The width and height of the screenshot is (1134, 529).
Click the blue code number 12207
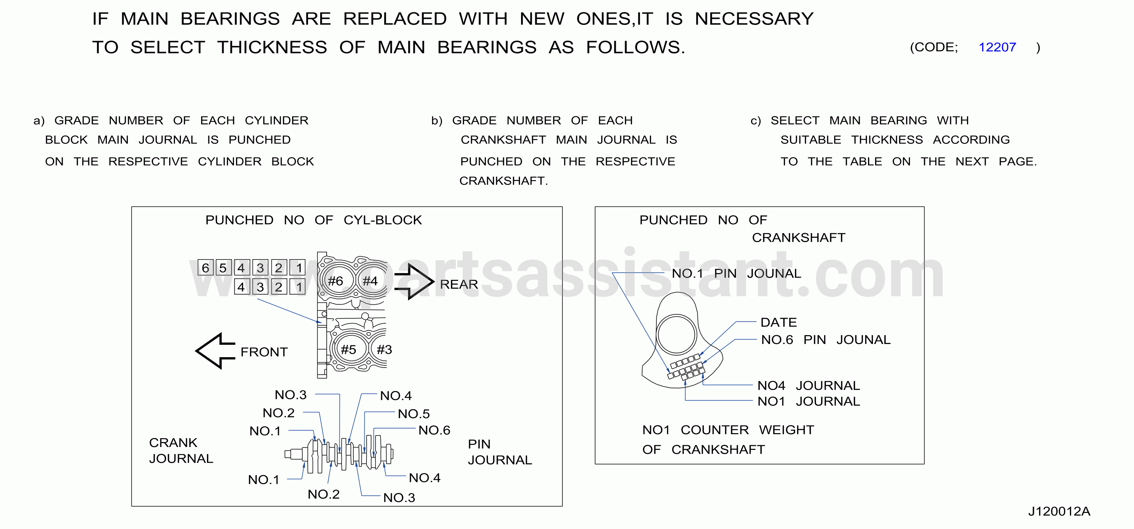point(997,47)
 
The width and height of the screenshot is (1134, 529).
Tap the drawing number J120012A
point(1059,512)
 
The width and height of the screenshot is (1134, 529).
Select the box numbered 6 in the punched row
point(206,267)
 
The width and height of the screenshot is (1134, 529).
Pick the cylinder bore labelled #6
point(336,281)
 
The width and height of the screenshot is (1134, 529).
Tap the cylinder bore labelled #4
point(371,281)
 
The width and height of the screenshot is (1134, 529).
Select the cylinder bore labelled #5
point(349,349)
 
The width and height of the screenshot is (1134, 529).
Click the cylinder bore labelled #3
point(381,349)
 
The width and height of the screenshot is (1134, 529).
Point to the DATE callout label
point(779,322)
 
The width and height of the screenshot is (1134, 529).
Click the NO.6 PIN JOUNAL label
point(826,340)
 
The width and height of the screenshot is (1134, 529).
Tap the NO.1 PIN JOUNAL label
point(737,273)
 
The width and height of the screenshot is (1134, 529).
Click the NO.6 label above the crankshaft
point(435,430)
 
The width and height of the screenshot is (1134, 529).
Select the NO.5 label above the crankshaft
point(414,414)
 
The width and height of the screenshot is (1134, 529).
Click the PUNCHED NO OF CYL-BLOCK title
point(313,220)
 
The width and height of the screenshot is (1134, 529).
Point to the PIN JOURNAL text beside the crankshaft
point(500,452)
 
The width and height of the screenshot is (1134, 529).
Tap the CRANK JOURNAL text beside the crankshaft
point(181,451)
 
